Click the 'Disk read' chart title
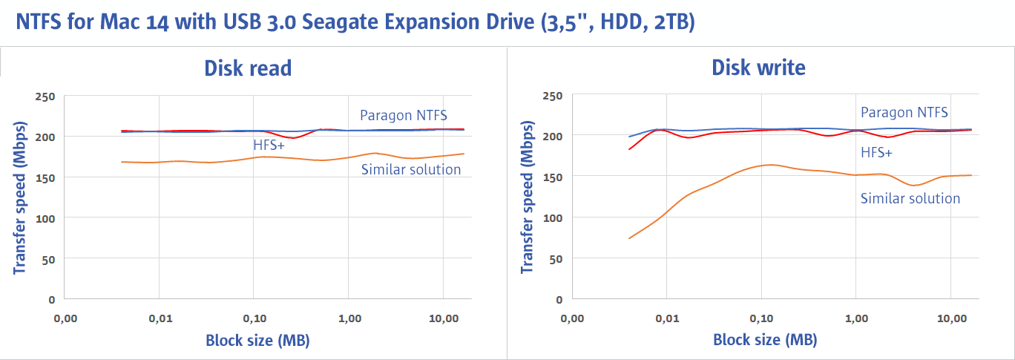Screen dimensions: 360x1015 (248, 68)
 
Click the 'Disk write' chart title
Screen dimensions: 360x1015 (758, 68)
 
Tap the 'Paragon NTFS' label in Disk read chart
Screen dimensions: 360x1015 (404, 115)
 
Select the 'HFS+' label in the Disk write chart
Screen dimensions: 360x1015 (877, 152)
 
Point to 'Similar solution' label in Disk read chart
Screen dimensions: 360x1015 (411, 170)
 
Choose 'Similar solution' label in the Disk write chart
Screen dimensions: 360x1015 (910, 198)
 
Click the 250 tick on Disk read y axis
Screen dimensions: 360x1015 (45, 96)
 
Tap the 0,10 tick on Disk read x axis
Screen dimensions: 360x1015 (254, 318)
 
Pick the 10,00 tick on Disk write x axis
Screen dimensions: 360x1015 (951, 318)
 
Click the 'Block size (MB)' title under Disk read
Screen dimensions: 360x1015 (257, 341)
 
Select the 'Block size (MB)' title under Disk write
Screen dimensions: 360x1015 (765, 341)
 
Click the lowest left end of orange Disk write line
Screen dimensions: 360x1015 (629, 238)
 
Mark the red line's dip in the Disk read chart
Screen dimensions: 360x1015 (295, 138)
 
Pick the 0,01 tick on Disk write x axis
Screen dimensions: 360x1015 (667, 318)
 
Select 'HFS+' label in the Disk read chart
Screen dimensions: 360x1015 (269, 145)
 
